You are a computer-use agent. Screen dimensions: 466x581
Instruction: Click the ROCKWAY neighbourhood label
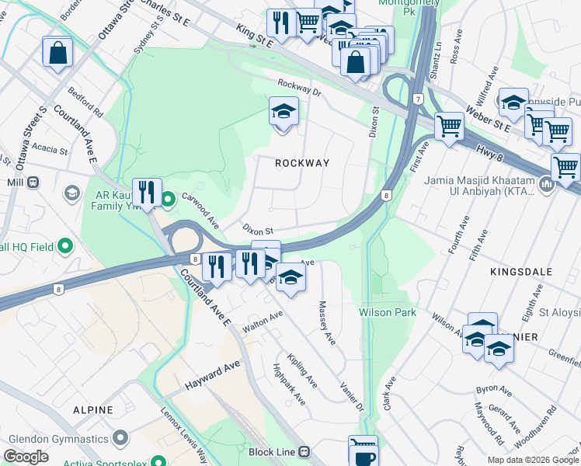(303, 163)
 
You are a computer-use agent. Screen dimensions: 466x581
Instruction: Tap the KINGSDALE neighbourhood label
(520, 272)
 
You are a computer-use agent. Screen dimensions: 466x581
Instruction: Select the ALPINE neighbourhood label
(92, 409)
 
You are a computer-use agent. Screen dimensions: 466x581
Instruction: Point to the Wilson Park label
(388, 312)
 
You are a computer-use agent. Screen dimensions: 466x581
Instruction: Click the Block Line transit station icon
(304, 451)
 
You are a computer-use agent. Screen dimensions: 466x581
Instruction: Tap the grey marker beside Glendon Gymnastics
(120, 439)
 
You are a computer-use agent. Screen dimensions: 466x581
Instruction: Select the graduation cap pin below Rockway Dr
(284, 113)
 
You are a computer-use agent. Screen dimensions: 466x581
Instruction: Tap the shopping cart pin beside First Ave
(449, 126)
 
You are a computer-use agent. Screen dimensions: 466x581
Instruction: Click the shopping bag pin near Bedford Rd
(57, 53)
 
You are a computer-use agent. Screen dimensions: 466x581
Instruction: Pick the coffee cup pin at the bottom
(363, 454)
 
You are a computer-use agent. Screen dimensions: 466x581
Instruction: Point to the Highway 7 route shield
(418, 99)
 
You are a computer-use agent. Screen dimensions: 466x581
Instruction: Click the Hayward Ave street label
(212, 375)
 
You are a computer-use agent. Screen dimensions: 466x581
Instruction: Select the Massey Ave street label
(326, 324)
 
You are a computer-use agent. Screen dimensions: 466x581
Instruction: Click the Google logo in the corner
(26, 456)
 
